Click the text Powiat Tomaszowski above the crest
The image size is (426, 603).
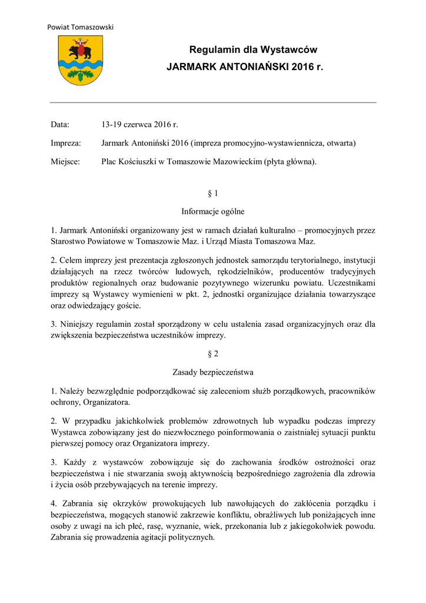80,27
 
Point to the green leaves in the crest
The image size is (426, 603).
80,74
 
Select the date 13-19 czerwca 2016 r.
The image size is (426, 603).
139,125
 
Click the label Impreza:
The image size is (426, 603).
66,143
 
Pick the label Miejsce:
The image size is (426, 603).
65,161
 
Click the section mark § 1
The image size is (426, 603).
213,193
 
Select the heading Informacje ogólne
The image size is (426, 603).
213,211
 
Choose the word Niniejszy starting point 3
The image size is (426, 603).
79,324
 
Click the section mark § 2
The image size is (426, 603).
213,354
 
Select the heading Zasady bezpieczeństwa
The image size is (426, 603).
213,372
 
